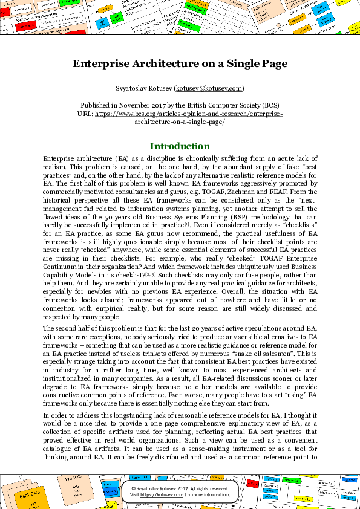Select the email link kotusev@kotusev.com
point(209,88)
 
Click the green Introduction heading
point(180,146)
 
